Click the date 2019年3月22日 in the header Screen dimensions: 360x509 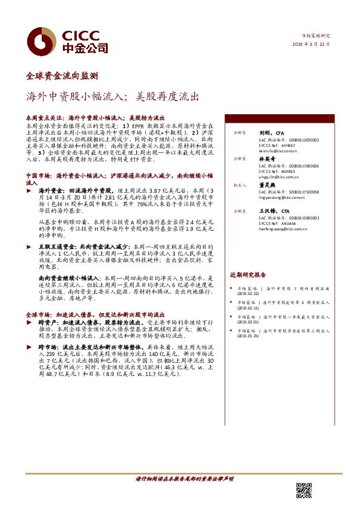pyautogui.click(x=313, y=45)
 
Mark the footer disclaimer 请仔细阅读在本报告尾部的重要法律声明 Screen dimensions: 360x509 pyautogui.click(x=184, y=479)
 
